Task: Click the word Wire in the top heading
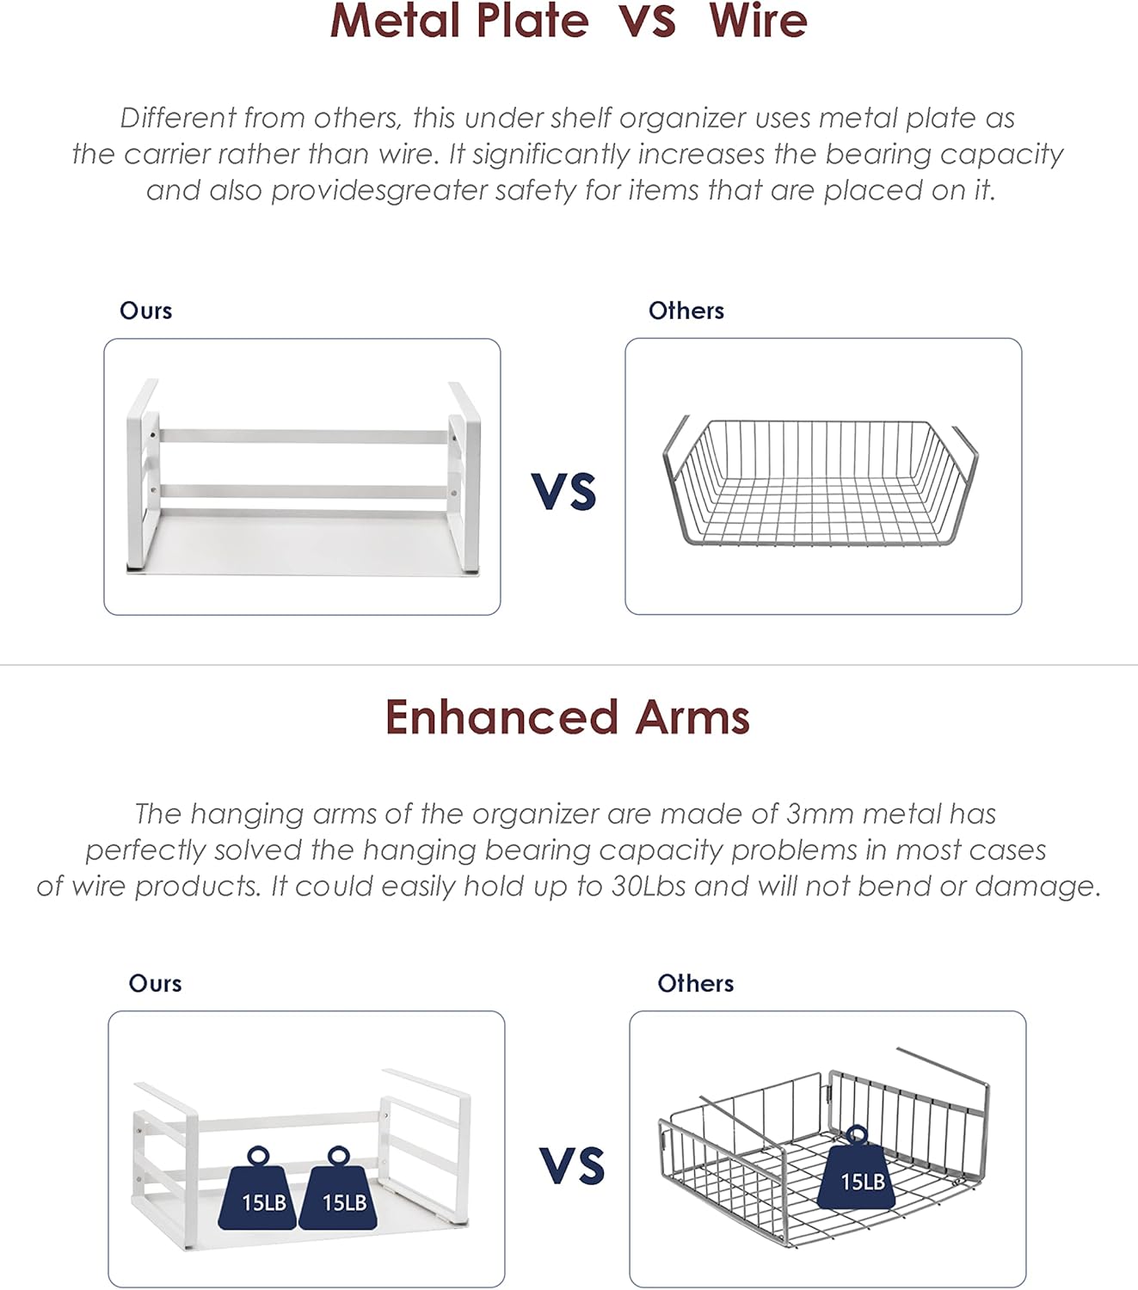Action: (758, 21)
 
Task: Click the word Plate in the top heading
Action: (532, 21)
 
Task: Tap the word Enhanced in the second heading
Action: (501, 717)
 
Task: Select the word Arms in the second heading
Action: (692, 717)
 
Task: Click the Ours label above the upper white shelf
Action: (146, 310)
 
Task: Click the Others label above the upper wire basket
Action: (686, 310)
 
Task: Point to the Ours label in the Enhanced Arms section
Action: (155, 984)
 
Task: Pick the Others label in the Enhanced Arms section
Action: (695, 984)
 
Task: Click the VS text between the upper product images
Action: (564, 492)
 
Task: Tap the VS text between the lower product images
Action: (572, 1166)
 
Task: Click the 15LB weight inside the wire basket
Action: (858, 1168)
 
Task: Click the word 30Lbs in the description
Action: (649, 887)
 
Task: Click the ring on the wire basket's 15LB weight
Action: (858, 1134)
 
